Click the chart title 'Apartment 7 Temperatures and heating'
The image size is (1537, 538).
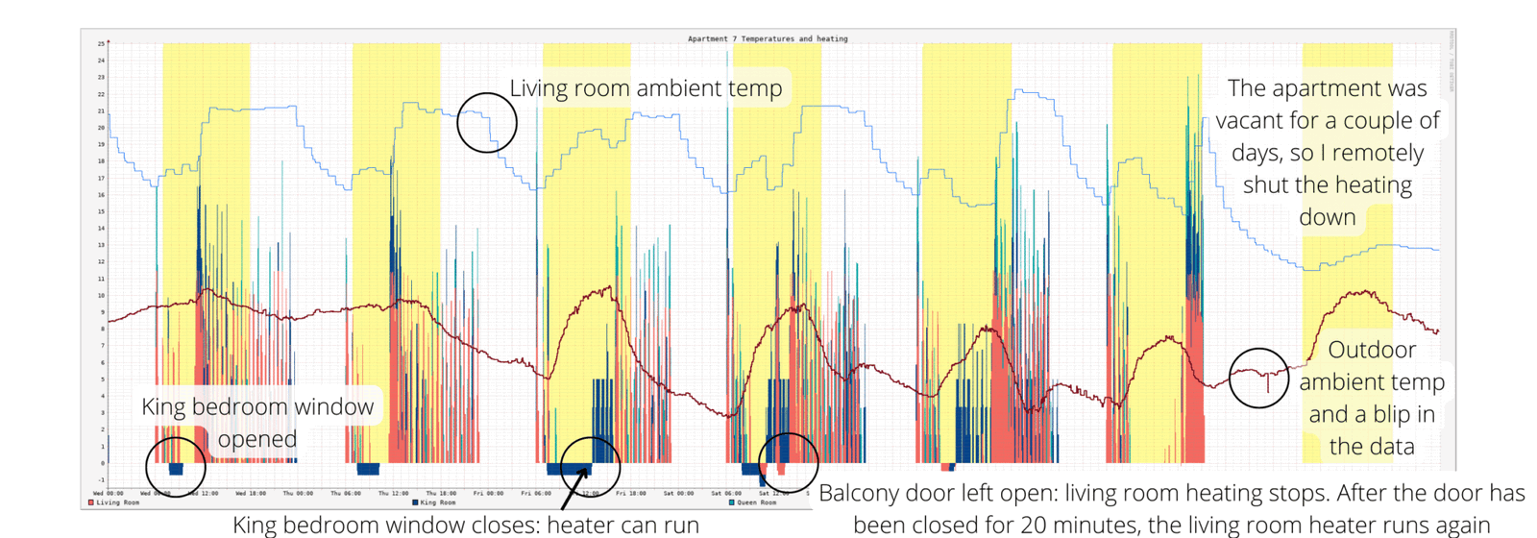coord(768,39)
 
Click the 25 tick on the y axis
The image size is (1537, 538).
coord(101,44)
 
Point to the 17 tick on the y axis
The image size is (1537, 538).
coord(101,179)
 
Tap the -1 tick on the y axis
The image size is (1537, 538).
coord(100,480)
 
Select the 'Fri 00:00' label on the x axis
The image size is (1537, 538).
coord(488,494)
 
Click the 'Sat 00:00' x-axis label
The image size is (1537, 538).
coord(678,494)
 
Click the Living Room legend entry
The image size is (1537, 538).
coord(114,502)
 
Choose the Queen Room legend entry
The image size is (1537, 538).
coord(753,502)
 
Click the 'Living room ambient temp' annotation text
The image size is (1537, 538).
coord(646,88)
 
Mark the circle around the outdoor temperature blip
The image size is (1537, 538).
coord(1258,378)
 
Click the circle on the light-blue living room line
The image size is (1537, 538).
coord(487,123)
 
